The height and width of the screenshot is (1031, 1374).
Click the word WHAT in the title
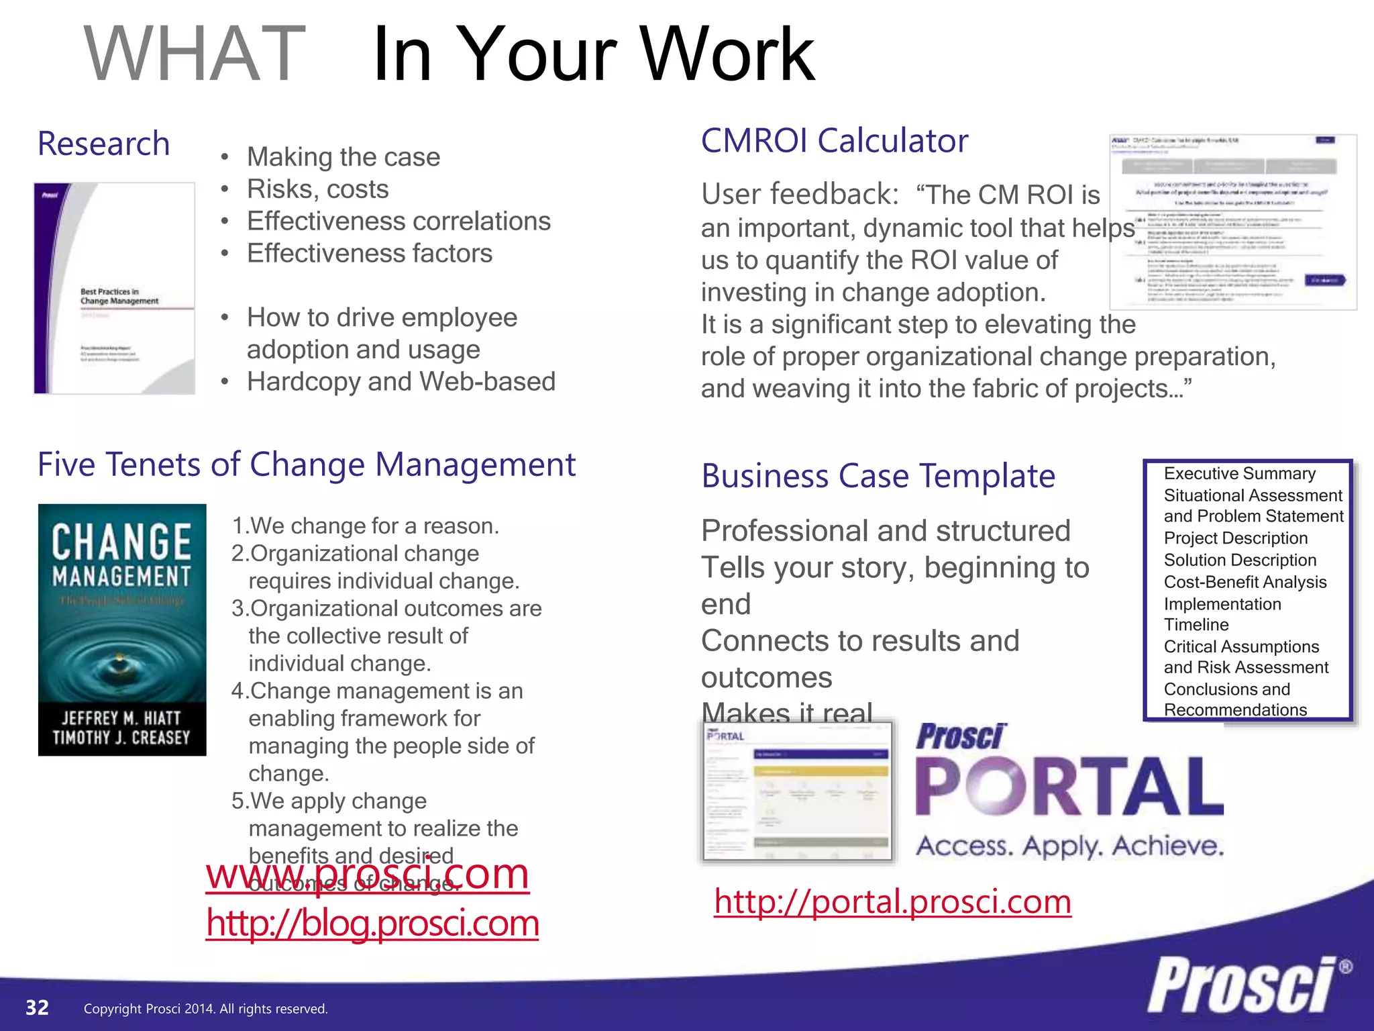195,54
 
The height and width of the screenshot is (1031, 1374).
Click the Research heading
103,144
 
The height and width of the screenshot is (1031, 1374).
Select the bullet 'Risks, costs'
317,189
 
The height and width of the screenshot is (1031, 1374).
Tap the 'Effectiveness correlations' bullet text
399,222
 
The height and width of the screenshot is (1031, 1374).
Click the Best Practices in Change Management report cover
115,288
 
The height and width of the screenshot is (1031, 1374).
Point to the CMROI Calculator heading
834,141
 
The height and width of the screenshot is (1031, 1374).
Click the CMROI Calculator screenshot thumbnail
1232,222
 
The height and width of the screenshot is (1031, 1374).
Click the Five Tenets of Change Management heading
307,464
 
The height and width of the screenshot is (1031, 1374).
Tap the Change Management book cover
122,630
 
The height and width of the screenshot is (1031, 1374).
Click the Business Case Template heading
878,477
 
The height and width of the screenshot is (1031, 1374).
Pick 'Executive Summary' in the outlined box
1239,474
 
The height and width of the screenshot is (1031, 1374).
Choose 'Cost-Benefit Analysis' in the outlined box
1245,583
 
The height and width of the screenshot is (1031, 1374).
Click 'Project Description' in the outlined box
1235,538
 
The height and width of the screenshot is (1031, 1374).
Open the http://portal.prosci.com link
892,901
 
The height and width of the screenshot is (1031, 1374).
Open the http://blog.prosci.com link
372,924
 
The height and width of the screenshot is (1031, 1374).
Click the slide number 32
37,1008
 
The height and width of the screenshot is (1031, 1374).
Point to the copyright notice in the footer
205,1009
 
